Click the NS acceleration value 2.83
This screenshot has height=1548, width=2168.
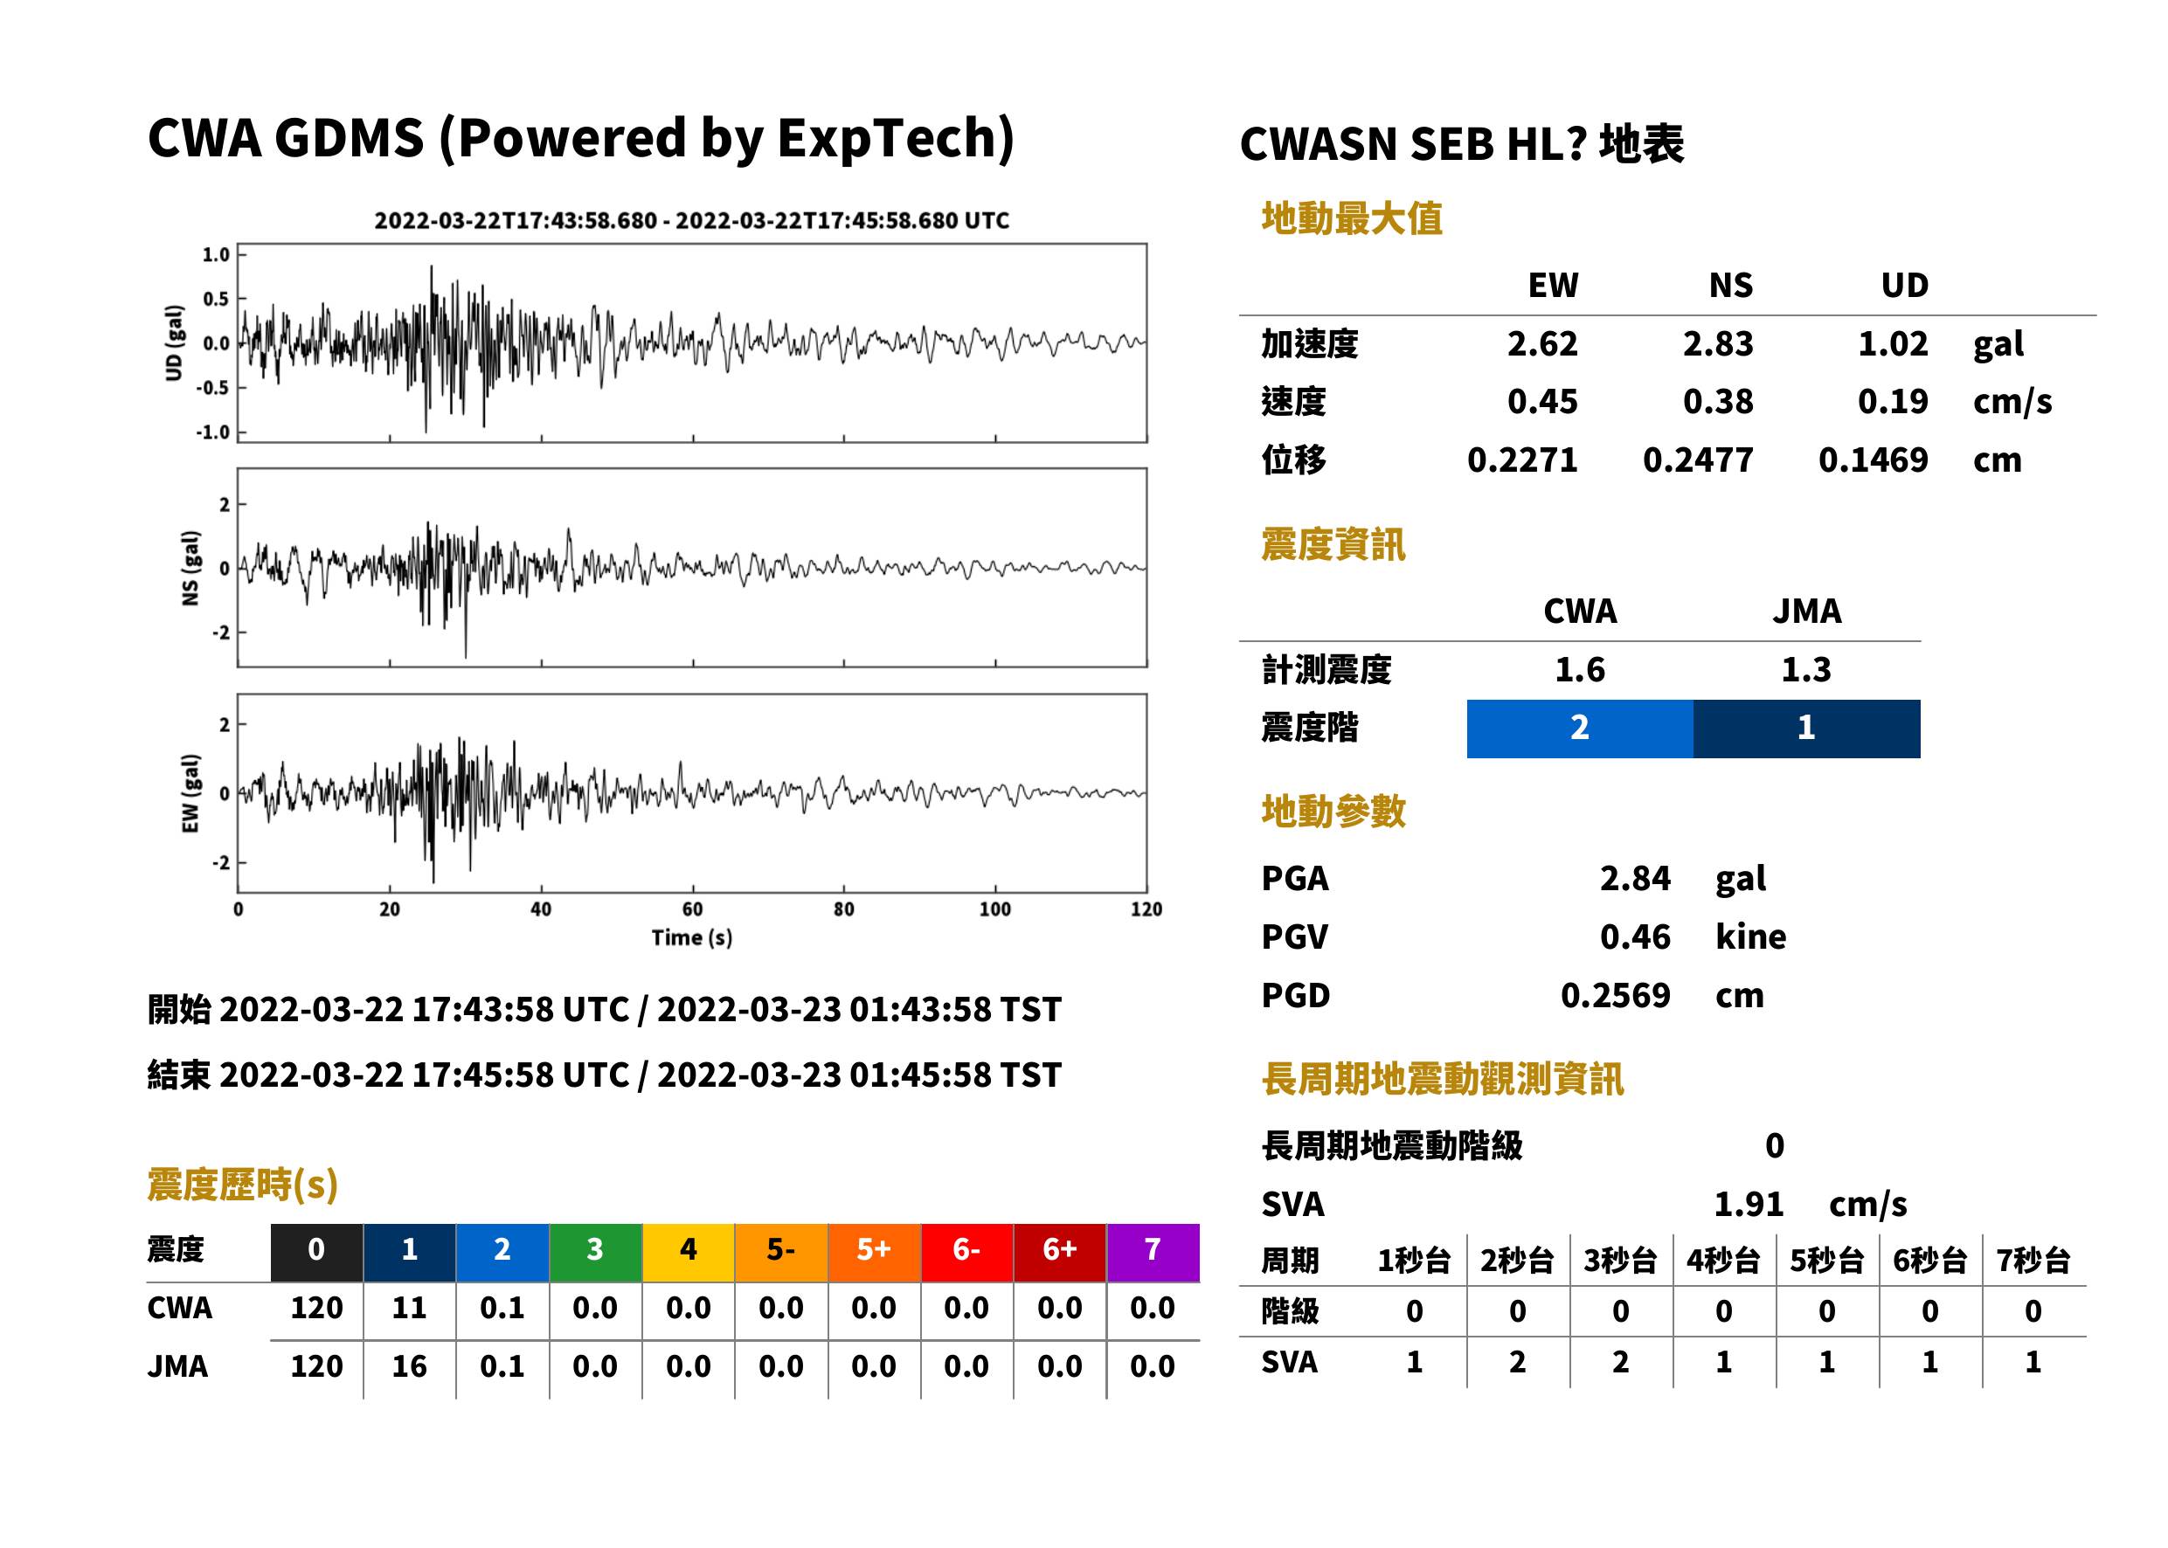click(x=1717, y=343)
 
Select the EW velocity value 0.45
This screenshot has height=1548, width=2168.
click(x=1541, y=401)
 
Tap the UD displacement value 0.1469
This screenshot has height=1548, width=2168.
click(x=1873, y=460)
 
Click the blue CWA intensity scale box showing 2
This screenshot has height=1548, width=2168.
click(x=1580, y=729)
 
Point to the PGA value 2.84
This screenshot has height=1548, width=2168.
click(x=1635, y=878)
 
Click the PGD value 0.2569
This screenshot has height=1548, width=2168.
click(x=1615, y=995)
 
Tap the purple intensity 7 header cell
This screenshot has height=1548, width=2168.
click(x=1153, y=1252)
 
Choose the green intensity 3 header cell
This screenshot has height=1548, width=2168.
click(x=595, y=1252)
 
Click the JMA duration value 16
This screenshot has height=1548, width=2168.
click(x=409, y=1366)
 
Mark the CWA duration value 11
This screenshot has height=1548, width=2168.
click(x=409, y=1308)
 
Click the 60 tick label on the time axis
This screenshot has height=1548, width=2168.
click(x=692, y=909)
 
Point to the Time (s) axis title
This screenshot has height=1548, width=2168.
click(x=692, y=938)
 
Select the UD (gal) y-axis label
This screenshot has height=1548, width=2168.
click(x=174, y=343)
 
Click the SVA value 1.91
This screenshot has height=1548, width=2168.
click(x=1749, y=1204)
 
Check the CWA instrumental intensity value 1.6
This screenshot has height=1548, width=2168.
click(x=1580, y=669)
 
